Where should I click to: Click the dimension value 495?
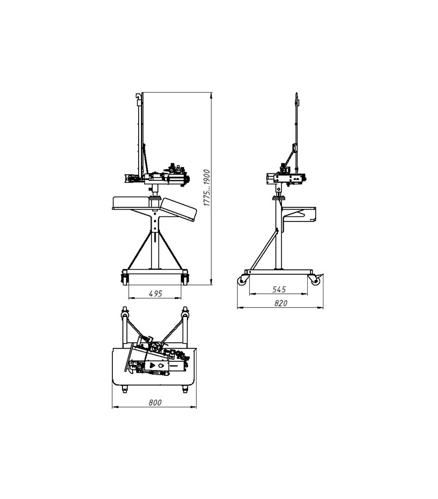156,293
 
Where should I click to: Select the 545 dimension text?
279,289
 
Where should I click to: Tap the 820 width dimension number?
281,303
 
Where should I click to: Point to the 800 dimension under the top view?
155,402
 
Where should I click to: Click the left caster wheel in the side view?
243,280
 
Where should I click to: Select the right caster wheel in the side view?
315,280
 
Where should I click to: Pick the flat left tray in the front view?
131,203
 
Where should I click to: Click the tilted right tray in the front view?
179,209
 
